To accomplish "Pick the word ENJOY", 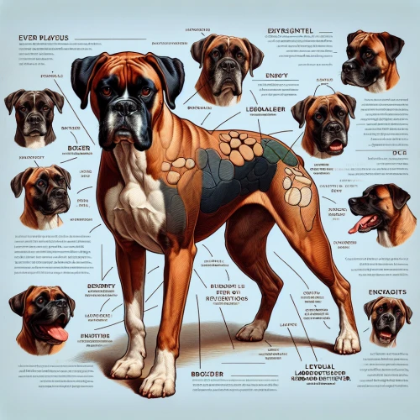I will click(x=276, y=76).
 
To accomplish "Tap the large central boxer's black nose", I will click(x=125, y=108).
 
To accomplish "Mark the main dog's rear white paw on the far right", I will click(x=347, y=340).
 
